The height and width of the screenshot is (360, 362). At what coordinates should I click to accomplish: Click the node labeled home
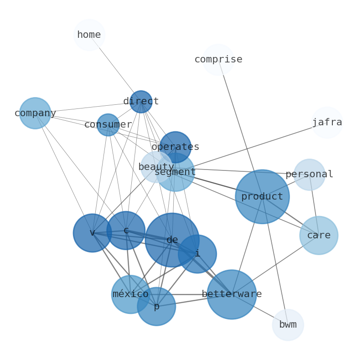pos(89,35)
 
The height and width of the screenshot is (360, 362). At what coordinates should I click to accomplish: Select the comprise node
pos(218,60)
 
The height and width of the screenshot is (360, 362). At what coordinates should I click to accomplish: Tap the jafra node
pos(327,123)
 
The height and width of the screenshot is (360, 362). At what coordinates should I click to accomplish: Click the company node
pos(35,113)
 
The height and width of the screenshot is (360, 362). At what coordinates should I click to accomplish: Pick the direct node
pos(141,102)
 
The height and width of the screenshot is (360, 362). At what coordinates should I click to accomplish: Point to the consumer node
pos(108,125)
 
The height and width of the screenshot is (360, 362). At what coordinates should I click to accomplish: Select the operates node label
pos(176,147)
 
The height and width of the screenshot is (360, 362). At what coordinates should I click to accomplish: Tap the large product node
pos(262,197)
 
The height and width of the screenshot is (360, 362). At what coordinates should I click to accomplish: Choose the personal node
pos(310,175)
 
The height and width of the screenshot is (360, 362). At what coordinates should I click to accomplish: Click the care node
pos(319,236)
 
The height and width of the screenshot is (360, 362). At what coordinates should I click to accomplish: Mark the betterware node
pos(232,294)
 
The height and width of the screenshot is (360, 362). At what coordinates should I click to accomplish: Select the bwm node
pos(288,325)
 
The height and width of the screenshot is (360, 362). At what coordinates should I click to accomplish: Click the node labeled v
pos(93,233)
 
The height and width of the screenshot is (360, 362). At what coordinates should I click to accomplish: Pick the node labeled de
pos(172,240)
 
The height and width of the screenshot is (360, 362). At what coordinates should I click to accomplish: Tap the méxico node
pos(130,294)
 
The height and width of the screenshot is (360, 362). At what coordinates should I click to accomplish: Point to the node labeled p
pos(156,307)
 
